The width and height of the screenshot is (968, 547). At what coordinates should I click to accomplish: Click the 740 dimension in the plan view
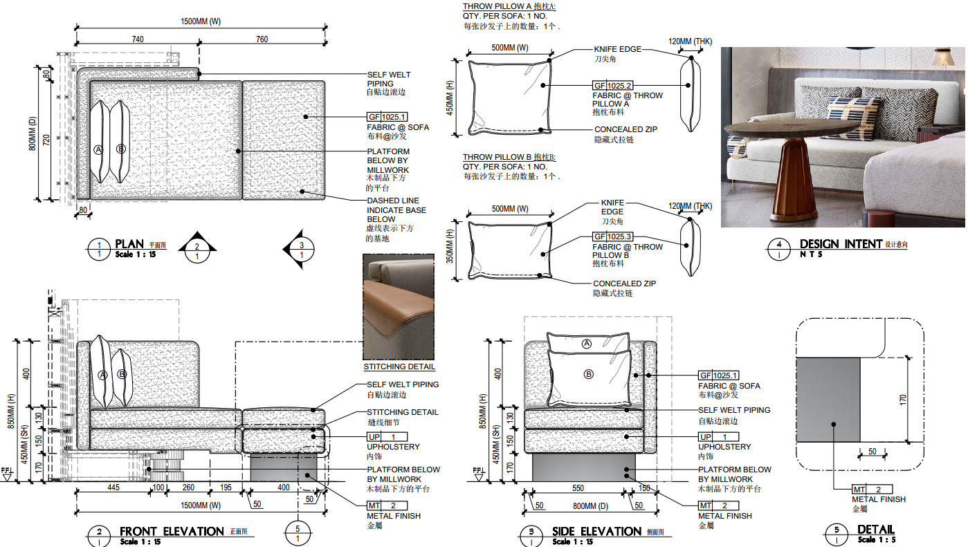(x=138, y=39)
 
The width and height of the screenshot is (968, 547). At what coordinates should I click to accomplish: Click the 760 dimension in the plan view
(x=262, y=39)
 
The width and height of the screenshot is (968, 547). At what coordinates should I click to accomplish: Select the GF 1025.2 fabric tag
(x=613, y=86)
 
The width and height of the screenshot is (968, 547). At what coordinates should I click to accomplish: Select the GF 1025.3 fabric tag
(x=613, y=237)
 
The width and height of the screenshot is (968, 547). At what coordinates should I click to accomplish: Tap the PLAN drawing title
(x=129, y=244)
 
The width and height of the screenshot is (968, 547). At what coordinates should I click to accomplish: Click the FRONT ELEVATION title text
(x=172, y=532)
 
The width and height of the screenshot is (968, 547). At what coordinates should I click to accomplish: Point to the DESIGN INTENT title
(x=841, y=244)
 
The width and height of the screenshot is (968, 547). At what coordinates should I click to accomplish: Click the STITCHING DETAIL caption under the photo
(x=399, y=367)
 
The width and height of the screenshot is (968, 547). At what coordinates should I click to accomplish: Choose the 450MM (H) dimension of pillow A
(x=450, y=98)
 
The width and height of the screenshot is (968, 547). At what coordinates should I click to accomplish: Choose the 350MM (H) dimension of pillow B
(x=450, y=246)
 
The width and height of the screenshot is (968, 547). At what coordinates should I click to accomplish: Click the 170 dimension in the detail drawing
(x=903, y=400)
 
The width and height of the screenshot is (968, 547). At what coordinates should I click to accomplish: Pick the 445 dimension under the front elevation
(x=113, y=488)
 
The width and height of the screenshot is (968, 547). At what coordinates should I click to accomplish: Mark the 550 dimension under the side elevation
(x=578, y=488)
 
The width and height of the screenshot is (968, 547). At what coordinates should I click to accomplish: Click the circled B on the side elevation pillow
(x=589, y=374)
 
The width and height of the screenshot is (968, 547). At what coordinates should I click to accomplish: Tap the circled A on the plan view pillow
(x=98, y=150)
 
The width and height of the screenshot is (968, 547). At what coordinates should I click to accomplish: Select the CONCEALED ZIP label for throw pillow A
(x=625, y=129)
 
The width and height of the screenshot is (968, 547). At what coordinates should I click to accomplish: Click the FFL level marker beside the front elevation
(x=8, y=474)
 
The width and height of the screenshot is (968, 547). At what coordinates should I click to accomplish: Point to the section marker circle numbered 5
(x=298, y=533)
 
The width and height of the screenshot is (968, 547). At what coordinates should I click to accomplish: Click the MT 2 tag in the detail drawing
(x=872, y=489)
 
